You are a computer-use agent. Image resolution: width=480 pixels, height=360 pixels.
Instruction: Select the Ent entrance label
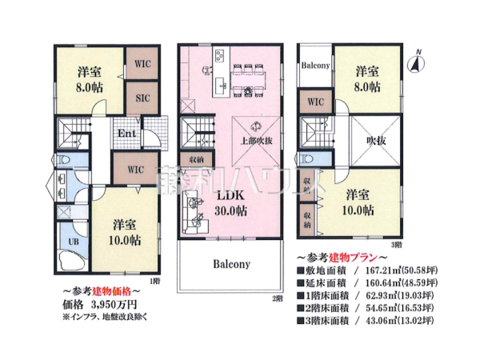126,133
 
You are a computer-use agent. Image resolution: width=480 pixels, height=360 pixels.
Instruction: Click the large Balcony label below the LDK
232,263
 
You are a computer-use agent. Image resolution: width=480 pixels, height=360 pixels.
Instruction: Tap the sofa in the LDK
194,216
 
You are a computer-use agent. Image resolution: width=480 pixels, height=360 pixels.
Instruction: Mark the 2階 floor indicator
278,298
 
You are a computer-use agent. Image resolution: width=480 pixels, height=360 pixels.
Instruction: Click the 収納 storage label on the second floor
196,159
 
